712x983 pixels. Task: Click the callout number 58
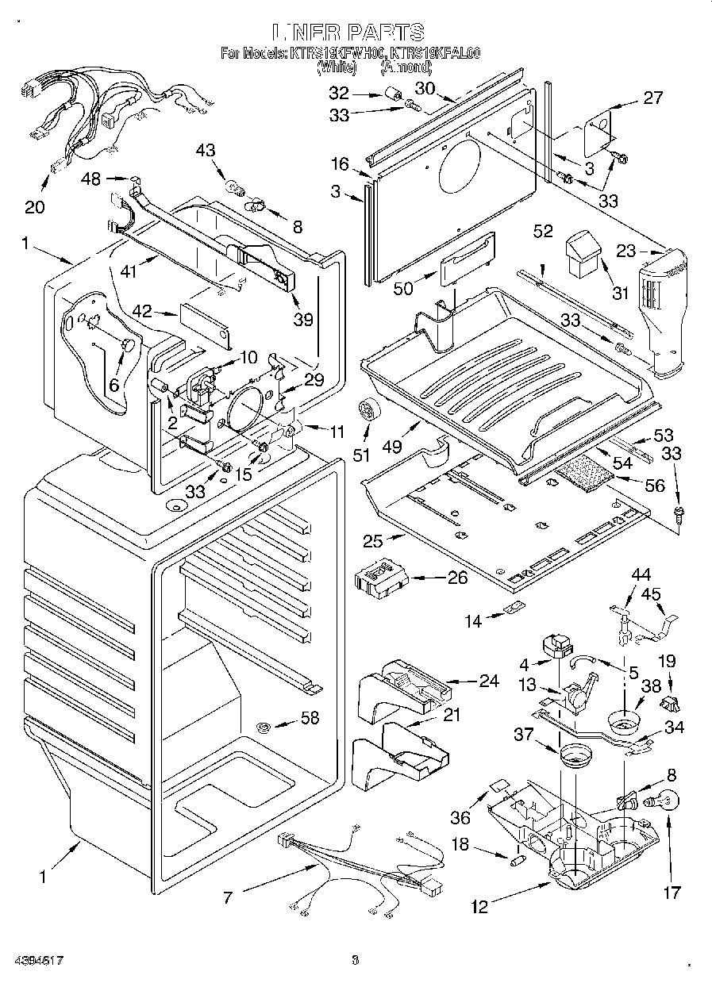(x=310, y=719)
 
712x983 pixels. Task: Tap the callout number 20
(x=35, y=207)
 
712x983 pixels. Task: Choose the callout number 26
(x=458, y=578)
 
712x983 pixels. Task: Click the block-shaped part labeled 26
(x=379, y=578)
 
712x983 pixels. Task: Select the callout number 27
(x=652, y=98)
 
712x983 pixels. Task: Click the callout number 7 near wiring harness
(x=229, y=897)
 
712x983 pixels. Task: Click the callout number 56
(x=656, y=486)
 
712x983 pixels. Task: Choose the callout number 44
(x=640, y=573)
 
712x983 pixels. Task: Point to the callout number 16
(x=340, y=164)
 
